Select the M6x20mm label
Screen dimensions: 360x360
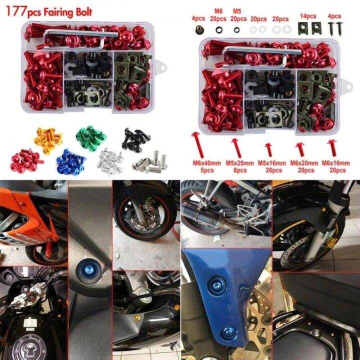[302, 163]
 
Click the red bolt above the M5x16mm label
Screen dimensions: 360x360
[269, 149]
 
